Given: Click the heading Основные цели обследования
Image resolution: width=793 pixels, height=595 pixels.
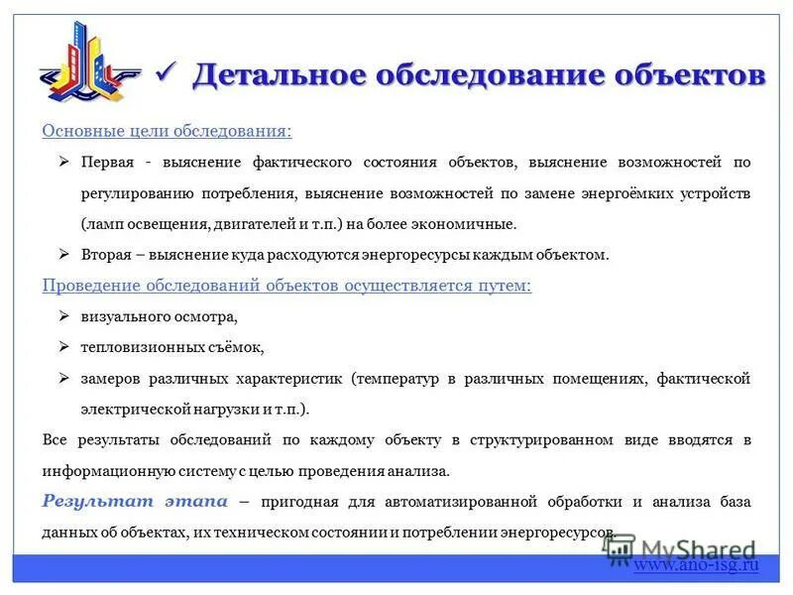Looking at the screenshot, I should click(167, 131).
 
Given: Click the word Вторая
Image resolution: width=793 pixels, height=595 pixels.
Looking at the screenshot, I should click(106, 255).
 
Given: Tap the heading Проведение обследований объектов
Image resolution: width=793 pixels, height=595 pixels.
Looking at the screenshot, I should click(286, 286).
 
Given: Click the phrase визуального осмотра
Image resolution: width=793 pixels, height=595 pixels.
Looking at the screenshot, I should click(160, 317).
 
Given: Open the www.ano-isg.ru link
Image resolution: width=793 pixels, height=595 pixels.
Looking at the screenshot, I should click(696, 564).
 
